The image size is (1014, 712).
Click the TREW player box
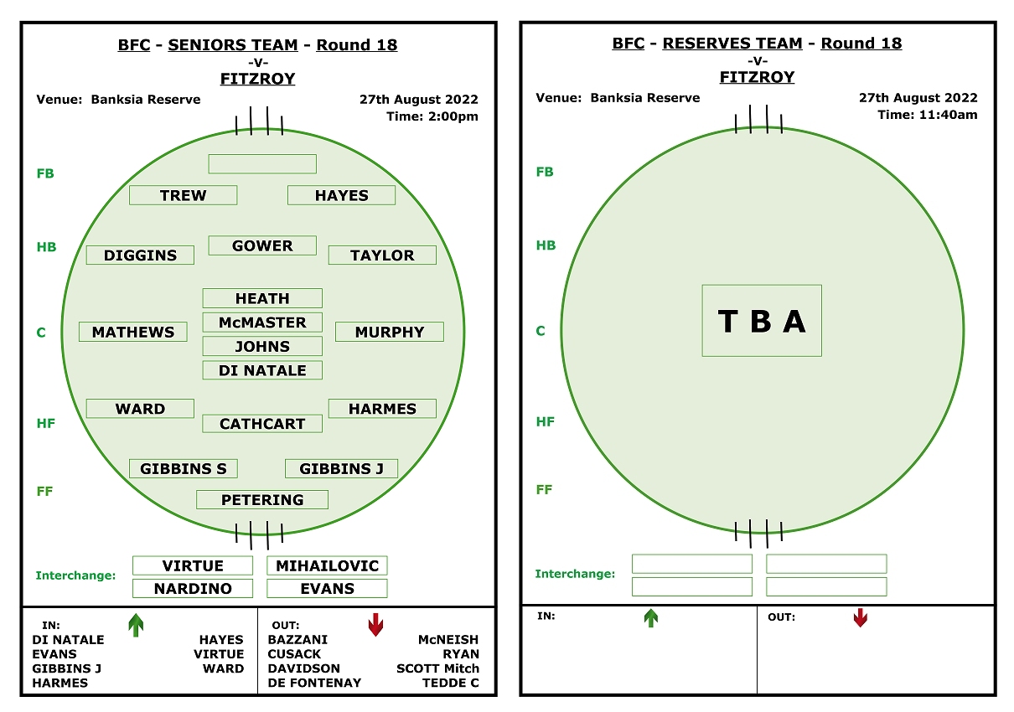tap(183, 195)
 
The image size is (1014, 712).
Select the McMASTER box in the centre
tap(262, 322)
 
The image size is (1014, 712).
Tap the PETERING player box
tap(262, 499)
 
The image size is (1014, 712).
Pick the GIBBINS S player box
tap(184, 468)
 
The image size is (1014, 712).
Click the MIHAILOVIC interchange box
tap(327, 565)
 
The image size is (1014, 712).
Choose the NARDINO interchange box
tap(193, 588)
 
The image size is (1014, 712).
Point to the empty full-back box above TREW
tap(262, 163)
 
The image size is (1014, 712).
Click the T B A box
tap(762, 321)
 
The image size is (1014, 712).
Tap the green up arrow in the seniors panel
tap(136, 625)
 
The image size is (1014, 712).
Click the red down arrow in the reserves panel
tap(860, 617)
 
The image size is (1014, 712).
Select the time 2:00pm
tap(453, 116)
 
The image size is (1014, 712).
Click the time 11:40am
tap(948, 115)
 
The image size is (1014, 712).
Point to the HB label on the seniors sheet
tap(46, 246)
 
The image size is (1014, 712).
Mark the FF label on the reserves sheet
tap(544, 489)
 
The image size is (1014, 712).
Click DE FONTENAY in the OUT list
tap(314, 682)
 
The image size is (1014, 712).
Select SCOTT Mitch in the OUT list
tap(437, 668)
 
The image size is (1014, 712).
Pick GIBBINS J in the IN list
tap(66, 668)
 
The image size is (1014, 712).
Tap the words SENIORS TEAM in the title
tap(233, 44)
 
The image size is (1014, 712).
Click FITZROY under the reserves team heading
tap(757, 77)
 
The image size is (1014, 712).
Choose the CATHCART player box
tap(262, 423)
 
